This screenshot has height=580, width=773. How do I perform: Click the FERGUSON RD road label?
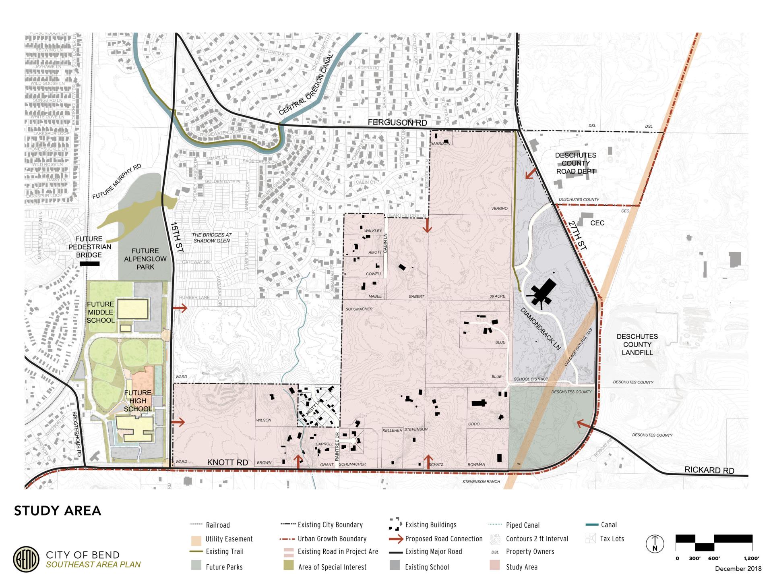pos(397,123)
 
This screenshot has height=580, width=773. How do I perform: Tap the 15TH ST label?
pos(176,237)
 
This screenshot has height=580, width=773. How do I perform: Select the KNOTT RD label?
pos(227,462)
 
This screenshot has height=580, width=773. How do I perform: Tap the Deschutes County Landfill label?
pos(637,344)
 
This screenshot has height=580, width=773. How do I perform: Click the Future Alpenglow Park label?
pos(145,259)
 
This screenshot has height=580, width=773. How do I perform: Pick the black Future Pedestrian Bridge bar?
pos(89,264)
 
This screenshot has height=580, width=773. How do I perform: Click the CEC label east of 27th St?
pos(597,223)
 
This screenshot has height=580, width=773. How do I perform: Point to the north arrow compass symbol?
pos(655,544)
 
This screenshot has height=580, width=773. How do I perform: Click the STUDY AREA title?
pos(58,511)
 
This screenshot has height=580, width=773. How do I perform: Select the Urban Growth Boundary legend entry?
pos(332,539)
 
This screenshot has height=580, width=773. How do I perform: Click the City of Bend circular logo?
pos(26,559)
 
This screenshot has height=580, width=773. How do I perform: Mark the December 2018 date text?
pos(738,569)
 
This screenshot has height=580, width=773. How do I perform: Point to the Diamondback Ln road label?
pos(540,329)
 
